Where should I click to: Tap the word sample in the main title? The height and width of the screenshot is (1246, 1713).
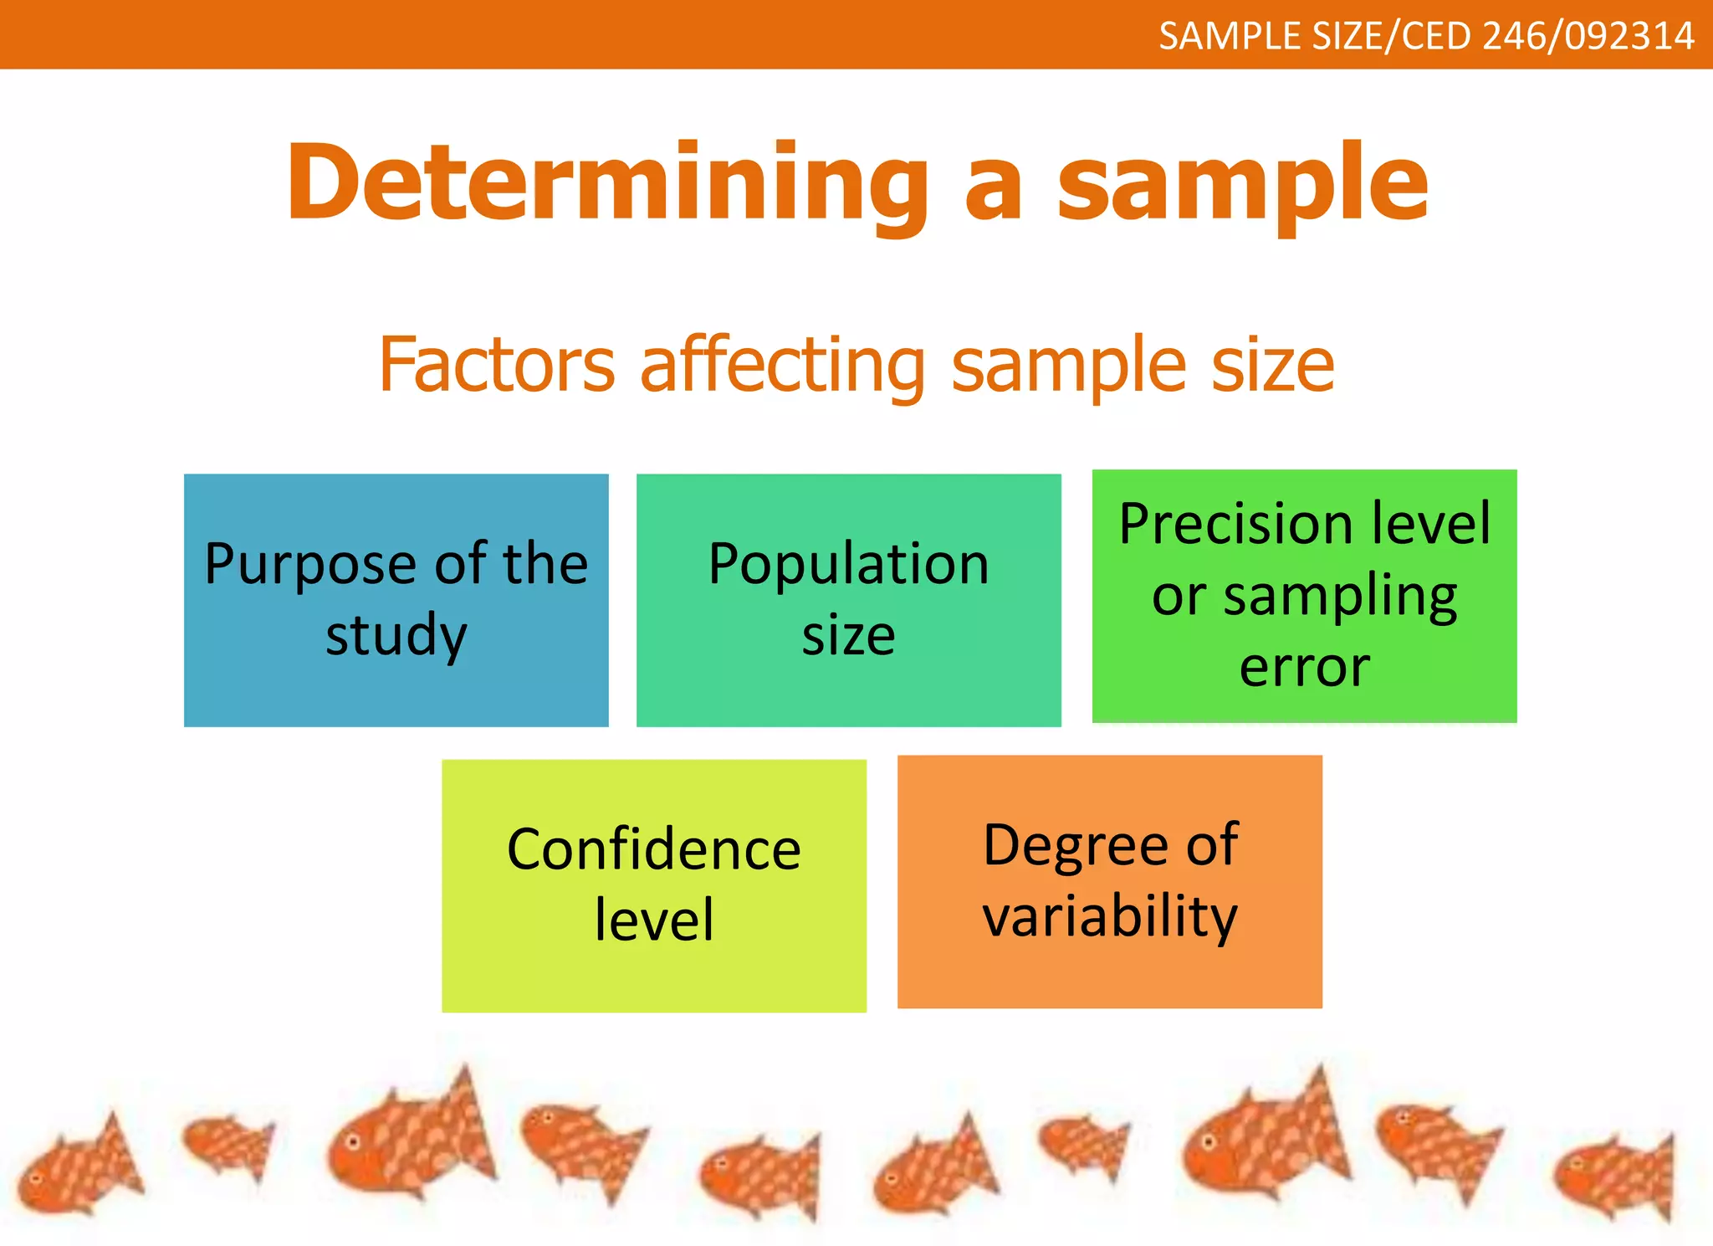1243,186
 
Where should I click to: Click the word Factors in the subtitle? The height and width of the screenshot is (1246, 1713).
497,365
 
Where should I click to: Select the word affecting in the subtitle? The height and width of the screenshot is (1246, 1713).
782,365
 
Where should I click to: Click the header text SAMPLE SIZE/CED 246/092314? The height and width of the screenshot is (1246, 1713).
1426,36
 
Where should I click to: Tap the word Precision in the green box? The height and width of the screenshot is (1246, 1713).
1235,524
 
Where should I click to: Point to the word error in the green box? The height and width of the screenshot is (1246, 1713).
1304,668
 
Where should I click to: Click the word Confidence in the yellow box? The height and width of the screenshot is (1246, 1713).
653,849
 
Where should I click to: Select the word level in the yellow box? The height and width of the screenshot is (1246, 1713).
654,920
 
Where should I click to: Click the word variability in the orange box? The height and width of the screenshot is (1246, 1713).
1109,916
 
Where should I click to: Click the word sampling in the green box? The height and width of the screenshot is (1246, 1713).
1340,597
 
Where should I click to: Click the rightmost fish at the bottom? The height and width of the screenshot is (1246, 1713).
1614,1176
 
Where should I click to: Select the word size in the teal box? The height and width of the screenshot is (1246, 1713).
848,636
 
